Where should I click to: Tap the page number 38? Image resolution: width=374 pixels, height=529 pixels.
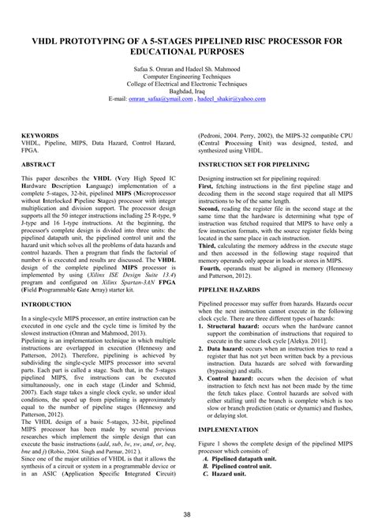[x=187, y=515]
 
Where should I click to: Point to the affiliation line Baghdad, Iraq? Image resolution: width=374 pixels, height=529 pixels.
[x=187, y=92]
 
